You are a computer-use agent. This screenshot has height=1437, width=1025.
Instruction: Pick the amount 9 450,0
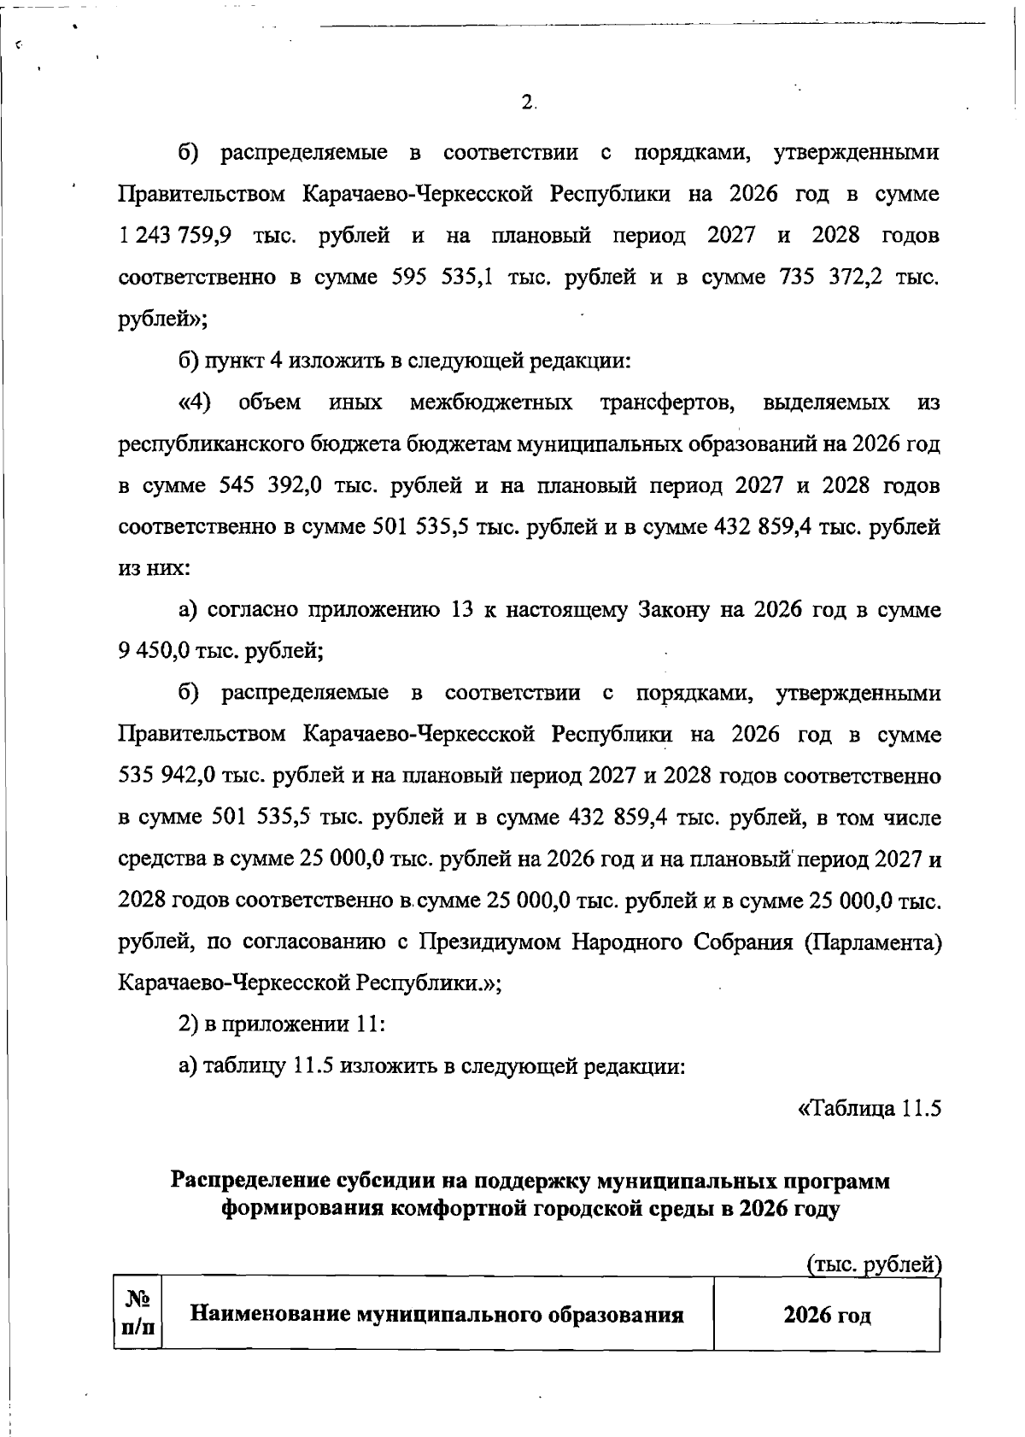[152, 652]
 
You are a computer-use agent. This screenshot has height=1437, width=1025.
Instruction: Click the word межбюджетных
[491, 402]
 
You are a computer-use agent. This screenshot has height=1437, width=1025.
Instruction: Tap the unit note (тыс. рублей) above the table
[874, 1264]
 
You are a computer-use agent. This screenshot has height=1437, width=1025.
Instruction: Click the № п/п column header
[137, 1313]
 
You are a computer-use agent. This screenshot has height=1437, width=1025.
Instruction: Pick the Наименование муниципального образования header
[436, 1314]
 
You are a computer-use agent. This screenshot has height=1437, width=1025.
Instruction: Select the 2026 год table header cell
[827, 1315]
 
